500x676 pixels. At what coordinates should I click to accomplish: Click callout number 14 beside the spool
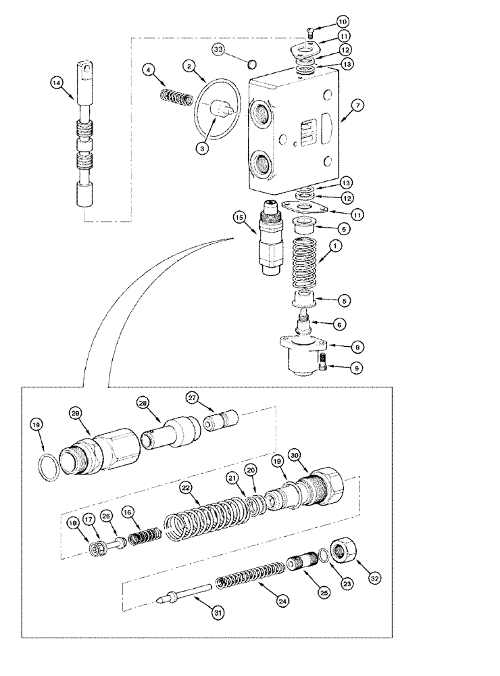pos(56,83)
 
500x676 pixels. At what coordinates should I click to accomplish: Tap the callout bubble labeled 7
pos(358,105)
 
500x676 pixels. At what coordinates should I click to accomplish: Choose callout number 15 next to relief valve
pos(239,218)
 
